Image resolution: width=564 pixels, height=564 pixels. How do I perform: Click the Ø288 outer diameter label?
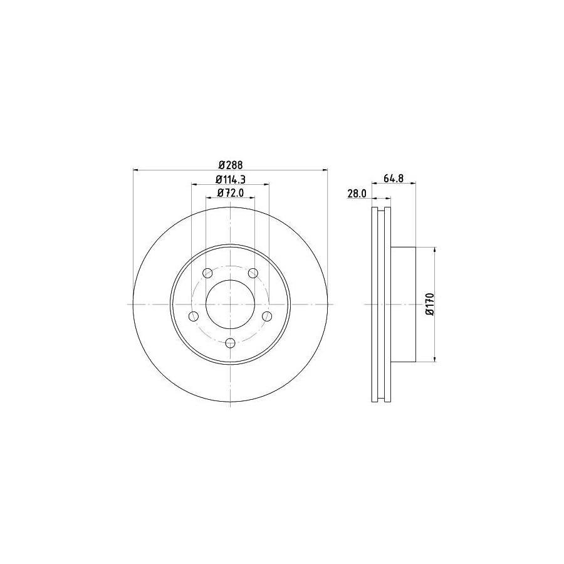(230, 165)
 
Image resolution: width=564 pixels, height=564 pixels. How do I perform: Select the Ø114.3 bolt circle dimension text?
(230, 179)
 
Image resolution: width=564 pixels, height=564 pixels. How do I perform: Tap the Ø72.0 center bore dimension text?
(230, 192)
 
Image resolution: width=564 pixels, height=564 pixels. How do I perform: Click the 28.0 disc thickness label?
(356, 194)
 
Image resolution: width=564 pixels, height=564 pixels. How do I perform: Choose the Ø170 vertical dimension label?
(429, 304)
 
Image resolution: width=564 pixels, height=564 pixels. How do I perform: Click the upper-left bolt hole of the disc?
(208, 273)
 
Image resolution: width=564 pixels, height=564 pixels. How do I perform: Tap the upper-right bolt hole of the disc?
(253, 273)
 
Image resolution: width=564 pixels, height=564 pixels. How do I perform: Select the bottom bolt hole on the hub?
(230, 342)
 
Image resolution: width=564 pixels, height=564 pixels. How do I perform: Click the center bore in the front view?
(230, 304)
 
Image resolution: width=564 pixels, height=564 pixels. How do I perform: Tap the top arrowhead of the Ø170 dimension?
(434, 249)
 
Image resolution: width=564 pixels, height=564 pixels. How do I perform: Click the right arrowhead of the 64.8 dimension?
(412, 184)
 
